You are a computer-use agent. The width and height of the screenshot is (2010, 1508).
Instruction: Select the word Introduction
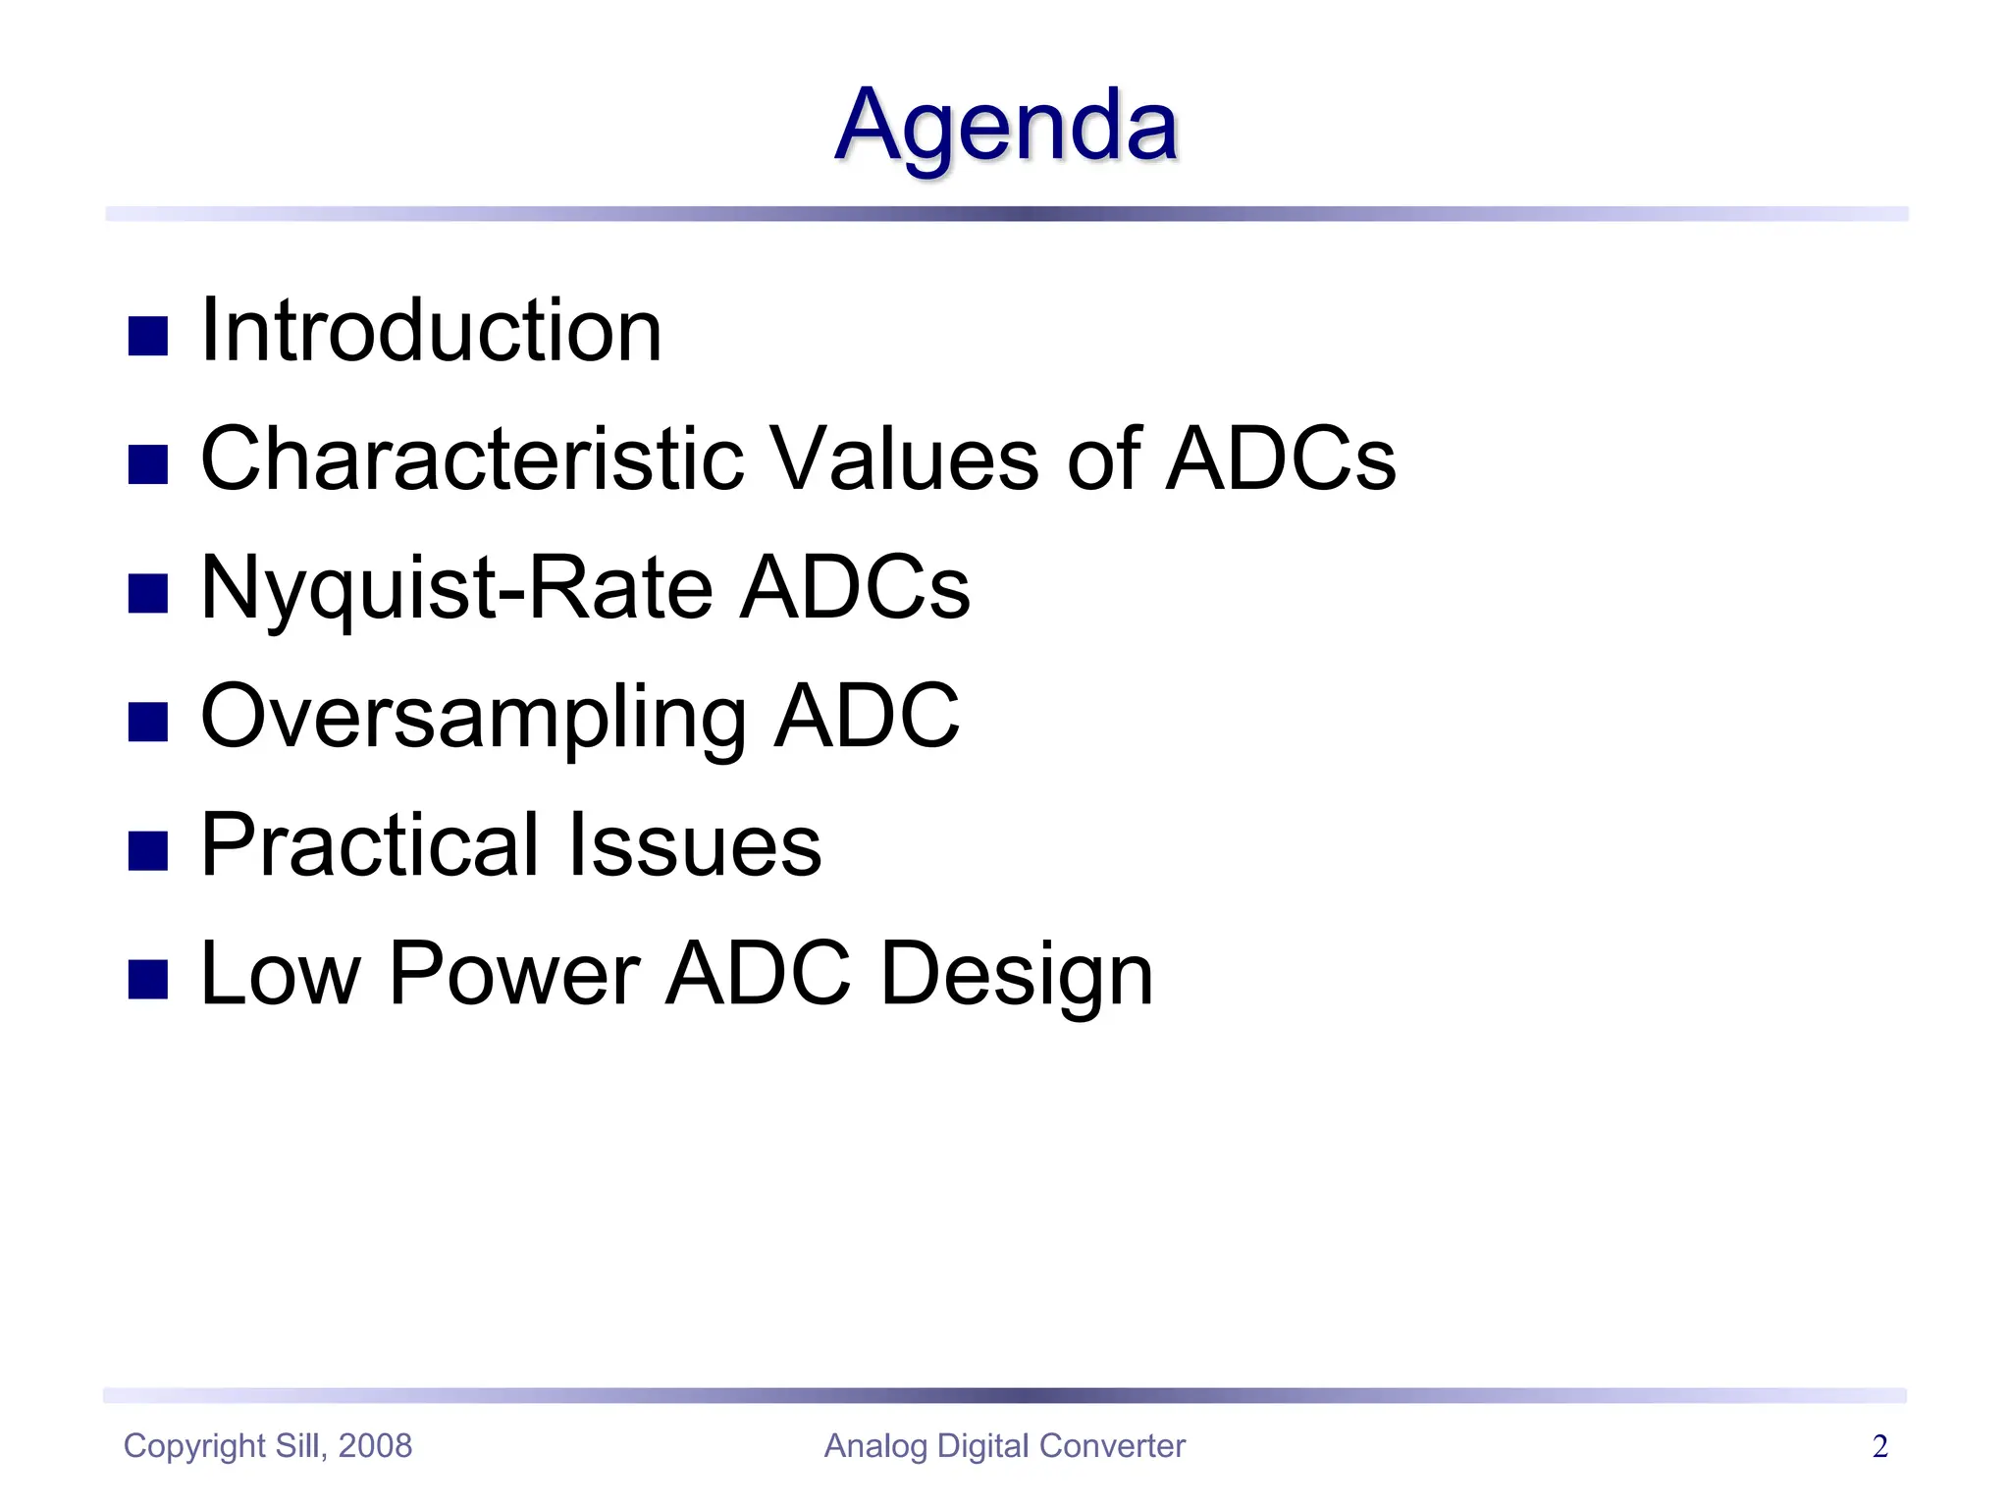click(x=431, y=331)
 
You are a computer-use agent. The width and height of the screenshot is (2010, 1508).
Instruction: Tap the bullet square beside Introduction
click(x=148, y=336)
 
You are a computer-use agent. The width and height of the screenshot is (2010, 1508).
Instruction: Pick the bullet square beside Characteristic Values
click(x=148, y=464)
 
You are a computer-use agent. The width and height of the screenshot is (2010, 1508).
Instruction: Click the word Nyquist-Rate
click(x=456, y=587)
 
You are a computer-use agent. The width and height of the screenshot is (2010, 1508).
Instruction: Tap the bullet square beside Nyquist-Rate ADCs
click(x=148, y=593)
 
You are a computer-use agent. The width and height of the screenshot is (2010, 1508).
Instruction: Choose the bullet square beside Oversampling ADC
click(x=148, y=723)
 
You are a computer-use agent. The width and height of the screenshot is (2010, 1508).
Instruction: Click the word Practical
click(x=370, y=844)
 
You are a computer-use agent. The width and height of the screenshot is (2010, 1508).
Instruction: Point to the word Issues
click(x=695, y=844)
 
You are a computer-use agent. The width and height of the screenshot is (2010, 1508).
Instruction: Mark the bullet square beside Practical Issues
click(x=148, y=850)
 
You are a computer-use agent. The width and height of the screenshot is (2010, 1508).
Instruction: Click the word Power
click(x=514, y=974)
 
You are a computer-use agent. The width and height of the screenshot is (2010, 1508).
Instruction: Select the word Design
click(x=1017, y=974)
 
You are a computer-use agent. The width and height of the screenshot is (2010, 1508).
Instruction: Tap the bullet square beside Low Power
click(x=148, y=980)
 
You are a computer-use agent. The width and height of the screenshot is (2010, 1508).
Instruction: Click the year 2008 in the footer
click(x=375, y=1445)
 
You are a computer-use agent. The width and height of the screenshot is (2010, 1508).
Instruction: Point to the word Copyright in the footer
click(x=194, y=1445)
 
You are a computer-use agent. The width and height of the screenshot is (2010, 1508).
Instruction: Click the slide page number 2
click(x=1879, y=1446)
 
